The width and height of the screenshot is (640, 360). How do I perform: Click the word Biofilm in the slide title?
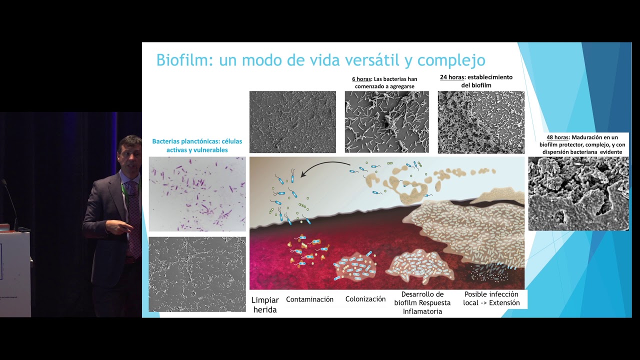pos(178,60)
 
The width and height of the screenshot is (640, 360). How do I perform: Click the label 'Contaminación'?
pos(309,299)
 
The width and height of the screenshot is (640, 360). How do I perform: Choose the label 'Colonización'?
pos(365,299)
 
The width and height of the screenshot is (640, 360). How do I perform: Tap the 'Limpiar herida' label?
pos(265,305)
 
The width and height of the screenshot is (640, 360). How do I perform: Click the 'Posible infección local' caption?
pos(491,298)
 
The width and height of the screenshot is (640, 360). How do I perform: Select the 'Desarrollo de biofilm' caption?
pos(422,298)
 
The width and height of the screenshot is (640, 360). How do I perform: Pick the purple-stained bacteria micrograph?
pos(197,194)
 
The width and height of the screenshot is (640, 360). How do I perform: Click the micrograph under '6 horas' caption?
pos(386,121)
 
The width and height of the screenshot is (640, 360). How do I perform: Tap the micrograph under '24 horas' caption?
pos(481,122)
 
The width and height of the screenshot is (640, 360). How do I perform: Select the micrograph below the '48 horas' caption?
pos(578,193)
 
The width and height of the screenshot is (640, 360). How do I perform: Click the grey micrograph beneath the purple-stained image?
pos(197,274)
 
